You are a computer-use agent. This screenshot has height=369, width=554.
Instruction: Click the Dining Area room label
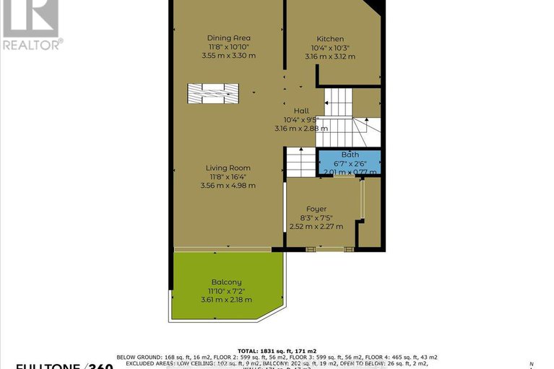pyautogui.click(x=228, y=38)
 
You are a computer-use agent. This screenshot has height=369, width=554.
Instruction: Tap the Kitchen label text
pyautogui.click(x=330, y=38)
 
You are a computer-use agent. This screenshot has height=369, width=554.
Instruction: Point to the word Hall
pyautogui.click(x=300, y=110)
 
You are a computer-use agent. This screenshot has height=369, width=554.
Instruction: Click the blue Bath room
pyautogui.click(x=350, y=163)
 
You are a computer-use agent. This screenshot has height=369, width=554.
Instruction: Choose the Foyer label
pyautogui.click(x=316, y=209)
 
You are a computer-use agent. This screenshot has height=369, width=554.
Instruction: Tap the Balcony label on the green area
pyautogui.click(x=226, y=282)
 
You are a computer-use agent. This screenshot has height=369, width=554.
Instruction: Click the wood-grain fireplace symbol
pyautogui.click(x=212, y=93)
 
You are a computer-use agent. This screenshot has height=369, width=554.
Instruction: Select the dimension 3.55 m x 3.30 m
pyautogui.click(x=228, y=56)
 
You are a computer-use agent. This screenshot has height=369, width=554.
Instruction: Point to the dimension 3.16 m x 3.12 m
pyautogui.click(x=330, y=56)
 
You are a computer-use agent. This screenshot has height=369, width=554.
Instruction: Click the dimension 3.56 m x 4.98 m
pyautogui.click(x=228, y=185)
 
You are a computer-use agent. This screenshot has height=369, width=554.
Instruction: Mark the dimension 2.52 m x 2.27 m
pyautogui.click(x=316, y=226)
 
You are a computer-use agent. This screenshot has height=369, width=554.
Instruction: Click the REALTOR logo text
pyautogui.click(x=33, y=44)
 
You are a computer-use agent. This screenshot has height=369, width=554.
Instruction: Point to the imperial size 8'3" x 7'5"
pyautogui.click(x=316, y=217)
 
